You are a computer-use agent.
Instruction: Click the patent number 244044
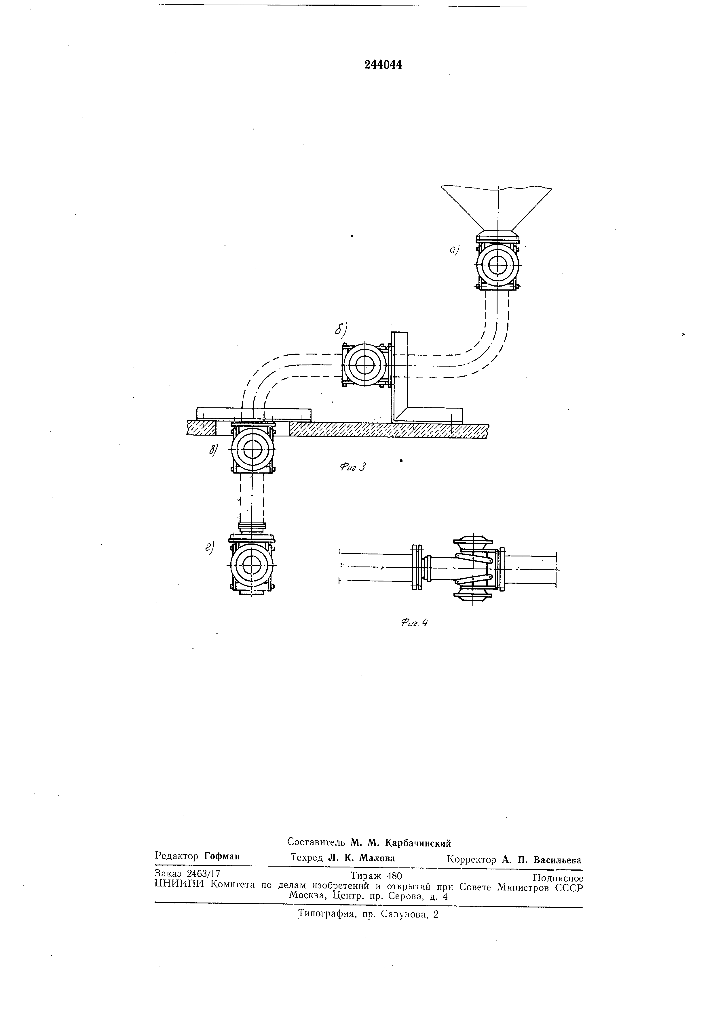[x=383, y=65]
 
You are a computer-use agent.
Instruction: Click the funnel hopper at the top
[x=497, y=207]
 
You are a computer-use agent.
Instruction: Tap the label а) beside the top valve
[x=454, y=250]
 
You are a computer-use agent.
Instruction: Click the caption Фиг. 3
[x=353, y=467]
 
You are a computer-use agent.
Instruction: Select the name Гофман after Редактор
[x=222, y=856]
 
